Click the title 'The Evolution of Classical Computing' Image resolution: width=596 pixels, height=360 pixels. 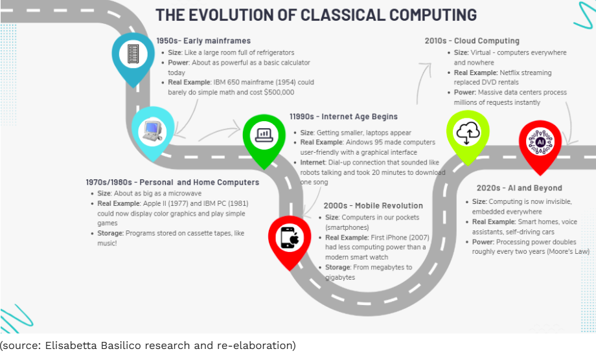(x=316, y=15)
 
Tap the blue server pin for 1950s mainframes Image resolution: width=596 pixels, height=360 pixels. (x=134, y=53)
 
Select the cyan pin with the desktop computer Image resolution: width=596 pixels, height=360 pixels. (x=153, y=129)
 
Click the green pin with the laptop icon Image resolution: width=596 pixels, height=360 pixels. (x=264, y=134)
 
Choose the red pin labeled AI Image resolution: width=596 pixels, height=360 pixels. (x=540, y=142)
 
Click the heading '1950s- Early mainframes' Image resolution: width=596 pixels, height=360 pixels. (x=203, y=41)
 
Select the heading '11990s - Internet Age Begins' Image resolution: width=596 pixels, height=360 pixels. (x=343, y=117)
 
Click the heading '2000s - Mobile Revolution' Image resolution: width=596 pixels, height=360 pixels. (x=373, y=206)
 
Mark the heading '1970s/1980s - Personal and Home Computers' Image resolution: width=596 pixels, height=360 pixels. (x=172, y=182)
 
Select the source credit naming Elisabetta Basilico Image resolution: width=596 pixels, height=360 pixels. (x=148, y=345)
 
